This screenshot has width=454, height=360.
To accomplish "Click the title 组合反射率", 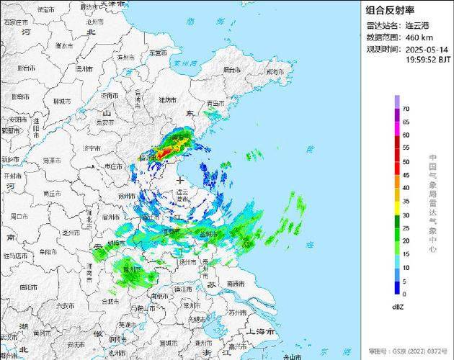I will tap(390, 10).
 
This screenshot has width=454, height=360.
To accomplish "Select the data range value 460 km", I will tap(419, 37).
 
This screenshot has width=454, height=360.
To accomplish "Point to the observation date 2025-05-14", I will tap(427, 49).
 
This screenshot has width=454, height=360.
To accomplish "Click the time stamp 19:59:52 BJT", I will tap(427, 60).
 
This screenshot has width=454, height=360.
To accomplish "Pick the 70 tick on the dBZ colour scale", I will tap(406, 109).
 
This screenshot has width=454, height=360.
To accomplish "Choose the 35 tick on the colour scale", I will tap(406, 202).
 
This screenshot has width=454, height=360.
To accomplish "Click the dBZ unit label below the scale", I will tap(397, 307).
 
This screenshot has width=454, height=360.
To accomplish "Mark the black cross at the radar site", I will tap(179, 180).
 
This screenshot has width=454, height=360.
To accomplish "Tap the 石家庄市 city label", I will tap(15, 22).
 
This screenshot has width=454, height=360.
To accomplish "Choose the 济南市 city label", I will tap(110, 96).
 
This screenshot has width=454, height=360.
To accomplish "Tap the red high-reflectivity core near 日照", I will tap(164, 152).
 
